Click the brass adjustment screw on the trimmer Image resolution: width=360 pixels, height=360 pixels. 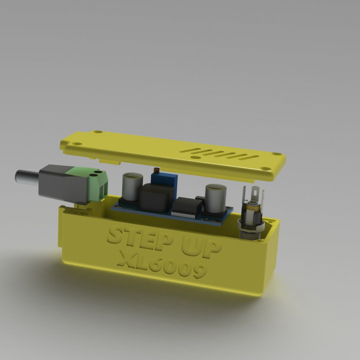[x=155, y=171]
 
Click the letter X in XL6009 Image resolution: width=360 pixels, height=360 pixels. [x=125, y=258]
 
